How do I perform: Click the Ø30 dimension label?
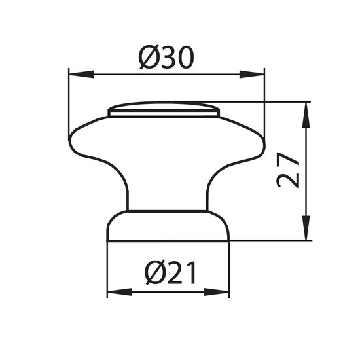167,57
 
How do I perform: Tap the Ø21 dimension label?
171,272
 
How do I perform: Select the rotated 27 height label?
289,170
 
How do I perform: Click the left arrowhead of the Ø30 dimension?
81,74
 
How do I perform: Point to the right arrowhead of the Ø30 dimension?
252,74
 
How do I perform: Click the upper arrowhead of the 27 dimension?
306,115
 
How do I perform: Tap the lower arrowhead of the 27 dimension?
306,228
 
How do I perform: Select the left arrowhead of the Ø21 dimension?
120,292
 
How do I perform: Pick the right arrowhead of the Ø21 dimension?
217,292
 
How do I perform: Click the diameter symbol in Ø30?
149,57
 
